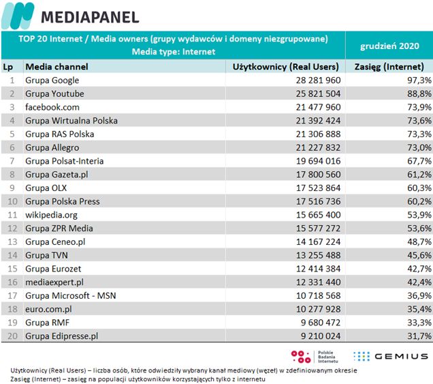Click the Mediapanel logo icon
coord(18,15)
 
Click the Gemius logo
coord(391,355)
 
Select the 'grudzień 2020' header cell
coord(389,45)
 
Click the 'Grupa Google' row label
coord(52,80)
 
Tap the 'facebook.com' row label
coord(52,107)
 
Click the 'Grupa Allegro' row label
coord(52,147)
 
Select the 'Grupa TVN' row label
coord(46,255)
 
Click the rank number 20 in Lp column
coord(11,336)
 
